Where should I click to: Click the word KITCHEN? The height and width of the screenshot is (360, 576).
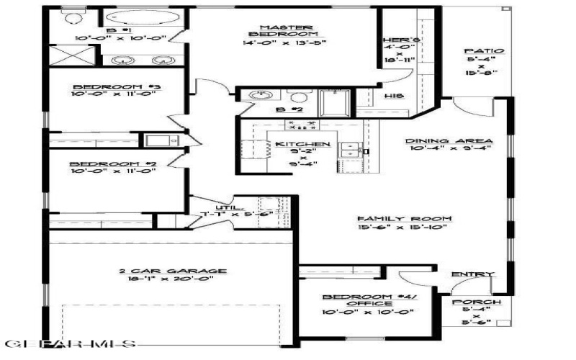302,145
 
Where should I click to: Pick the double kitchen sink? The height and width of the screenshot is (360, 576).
351,150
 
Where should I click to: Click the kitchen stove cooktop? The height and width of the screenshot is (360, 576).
302,125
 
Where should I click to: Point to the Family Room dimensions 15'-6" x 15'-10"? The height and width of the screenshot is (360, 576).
405,228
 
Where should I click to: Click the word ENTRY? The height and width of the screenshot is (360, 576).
472,274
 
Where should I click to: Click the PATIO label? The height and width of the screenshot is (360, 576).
476,51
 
